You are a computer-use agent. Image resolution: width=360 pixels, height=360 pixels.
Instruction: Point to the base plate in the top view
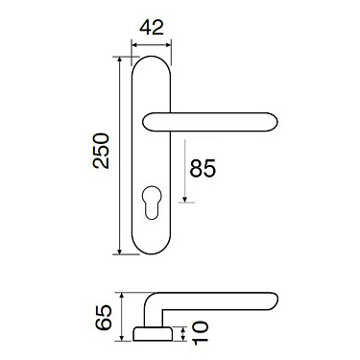tap(154, 333)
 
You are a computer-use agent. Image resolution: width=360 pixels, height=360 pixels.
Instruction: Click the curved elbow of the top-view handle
tap(156, 304)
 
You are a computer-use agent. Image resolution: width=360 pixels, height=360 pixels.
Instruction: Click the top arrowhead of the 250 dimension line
tap(120, 60)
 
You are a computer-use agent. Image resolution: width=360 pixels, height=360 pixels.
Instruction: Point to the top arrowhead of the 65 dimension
tap(120, 295)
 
